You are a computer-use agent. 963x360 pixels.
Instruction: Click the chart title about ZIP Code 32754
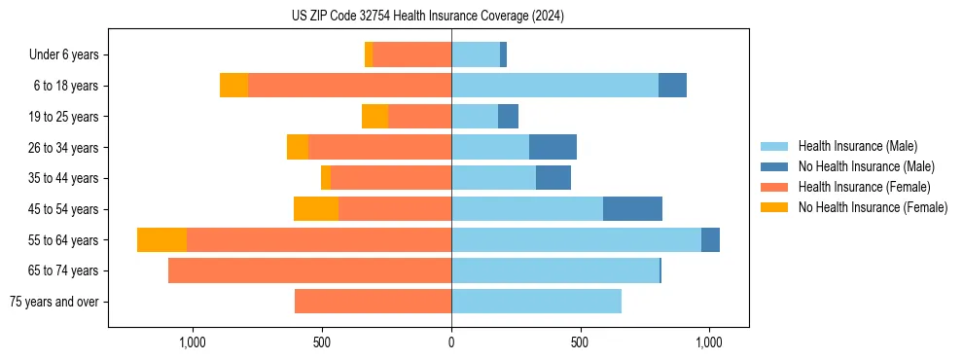[x=428, y=17]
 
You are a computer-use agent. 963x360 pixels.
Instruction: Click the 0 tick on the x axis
[x=451, y=342]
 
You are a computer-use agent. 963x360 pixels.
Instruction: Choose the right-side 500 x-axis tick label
[x=580, y=342]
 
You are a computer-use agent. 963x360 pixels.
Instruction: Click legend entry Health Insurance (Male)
[x=857, y=146]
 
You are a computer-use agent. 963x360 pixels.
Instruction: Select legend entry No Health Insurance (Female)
[x=873, y=207]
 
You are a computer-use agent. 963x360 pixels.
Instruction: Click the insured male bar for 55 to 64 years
[x=576, y=239]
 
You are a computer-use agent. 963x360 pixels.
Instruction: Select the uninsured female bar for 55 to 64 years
[x=161, y=239]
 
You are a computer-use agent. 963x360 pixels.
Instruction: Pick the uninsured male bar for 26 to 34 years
[x=553, y=147]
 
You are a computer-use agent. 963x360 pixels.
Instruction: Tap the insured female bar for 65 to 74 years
[x=309, y=270]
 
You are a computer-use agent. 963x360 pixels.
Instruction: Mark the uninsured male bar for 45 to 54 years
[x=632, y=209]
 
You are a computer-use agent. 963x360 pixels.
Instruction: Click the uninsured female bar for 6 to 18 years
[x=233, y=86]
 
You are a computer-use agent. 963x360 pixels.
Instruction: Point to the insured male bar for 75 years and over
[x=536, y=302]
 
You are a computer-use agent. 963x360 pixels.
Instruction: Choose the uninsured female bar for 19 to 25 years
[x=374, y=117]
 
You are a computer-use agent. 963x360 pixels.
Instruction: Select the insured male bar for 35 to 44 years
[x=493, y=178]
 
